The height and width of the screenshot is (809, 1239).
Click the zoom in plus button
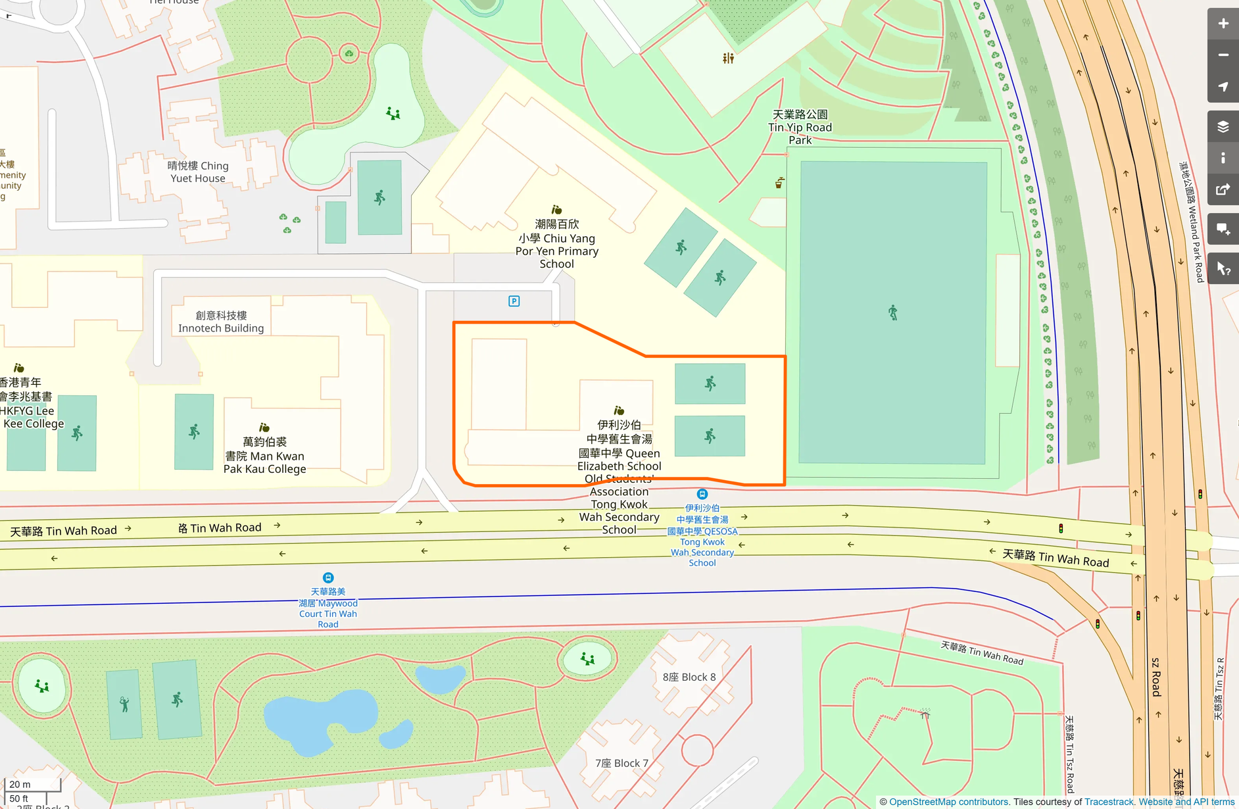(x=1223, y=24)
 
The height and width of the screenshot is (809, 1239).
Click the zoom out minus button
(x=1223, y=55)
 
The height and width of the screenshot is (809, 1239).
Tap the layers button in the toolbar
(x=1223, y=127)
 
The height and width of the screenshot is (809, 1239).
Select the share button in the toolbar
(x=1223, y=190)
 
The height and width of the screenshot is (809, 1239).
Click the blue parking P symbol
(x=514, y=301)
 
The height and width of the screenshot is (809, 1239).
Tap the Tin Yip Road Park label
(x=800, y=128)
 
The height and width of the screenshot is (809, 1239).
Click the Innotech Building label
(x=221, y=322)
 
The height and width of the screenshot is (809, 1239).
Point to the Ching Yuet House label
(x=198, y=172)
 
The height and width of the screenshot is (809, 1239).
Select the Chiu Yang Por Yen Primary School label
(x=556, y=244)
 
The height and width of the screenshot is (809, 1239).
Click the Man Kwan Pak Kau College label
(x=264, y=455)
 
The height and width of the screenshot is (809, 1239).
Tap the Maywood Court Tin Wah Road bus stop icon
(x=328, y=578)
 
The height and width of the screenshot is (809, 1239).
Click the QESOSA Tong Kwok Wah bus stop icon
(x=702, y=494)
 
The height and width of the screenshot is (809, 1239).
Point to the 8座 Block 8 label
(x=689, y=677)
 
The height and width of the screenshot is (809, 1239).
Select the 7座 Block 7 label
(x=621, y=763)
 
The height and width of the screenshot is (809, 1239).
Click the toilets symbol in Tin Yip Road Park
(x=728, y=59)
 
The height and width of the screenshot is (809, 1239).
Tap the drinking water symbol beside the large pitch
(x=779, y=183)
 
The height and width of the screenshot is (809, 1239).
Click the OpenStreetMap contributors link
(x=948, y=802)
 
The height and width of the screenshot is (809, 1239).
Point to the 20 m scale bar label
(x=20, y=784)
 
